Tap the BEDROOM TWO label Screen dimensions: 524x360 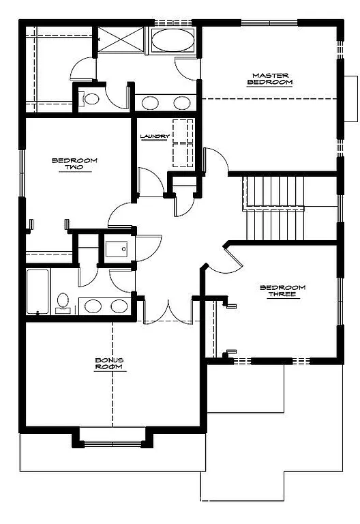coord(74,164)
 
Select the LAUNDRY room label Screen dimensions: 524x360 coord(154,136)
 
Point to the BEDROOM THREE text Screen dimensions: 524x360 coord(282,291)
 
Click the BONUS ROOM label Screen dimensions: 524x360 coord(109,363)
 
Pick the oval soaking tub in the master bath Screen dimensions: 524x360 coord(172,40)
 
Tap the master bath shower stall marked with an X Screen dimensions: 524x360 coord(121,40)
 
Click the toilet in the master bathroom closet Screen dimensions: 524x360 coord(90,99)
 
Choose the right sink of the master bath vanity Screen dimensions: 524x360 coord(181,102)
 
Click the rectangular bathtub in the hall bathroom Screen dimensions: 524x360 coord(38,291)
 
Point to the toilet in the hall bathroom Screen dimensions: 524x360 coord(63,302)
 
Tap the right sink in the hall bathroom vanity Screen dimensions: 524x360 coord(119,306)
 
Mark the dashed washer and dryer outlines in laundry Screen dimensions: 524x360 coord(182,143)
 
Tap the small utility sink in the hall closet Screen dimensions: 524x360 coord(117,248)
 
